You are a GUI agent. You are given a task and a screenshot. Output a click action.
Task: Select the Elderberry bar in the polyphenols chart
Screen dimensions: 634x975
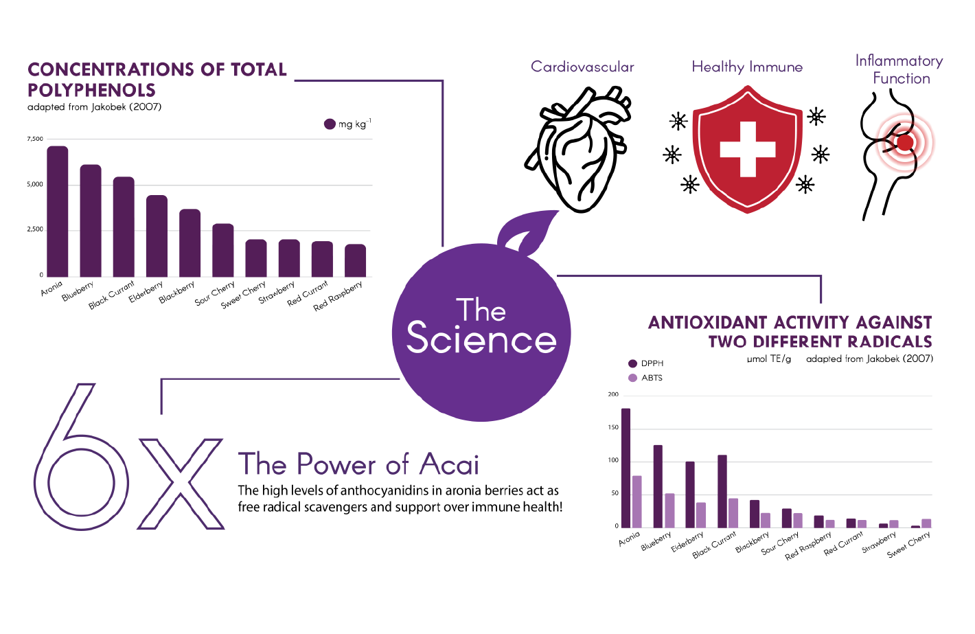(x=157, y=236)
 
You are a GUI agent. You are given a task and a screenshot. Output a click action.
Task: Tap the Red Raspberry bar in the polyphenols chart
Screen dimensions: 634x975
(x=355, y=260)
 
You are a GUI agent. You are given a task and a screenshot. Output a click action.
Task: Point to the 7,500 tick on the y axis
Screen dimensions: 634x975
(x=35, y=139)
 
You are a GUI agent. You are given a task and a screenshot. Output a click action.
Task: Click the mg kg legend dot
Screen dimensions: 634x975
(x=330, y=124)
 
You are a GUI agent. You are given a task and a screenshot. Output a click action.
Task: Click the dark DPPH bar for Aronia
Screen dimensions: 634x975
(x=626, y=468)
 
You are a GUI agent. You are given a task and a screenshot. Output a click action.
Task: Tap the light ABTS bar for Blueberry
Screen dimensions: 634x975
(x=669, y=510)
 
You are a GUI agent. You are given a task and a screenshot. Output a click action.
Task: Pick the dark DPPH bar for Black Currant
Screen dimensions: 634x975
(x=722, y=491)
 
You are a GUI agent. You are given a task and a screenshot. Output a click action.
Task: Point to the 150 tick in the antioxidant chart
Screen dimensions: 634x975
(x=613, y=427)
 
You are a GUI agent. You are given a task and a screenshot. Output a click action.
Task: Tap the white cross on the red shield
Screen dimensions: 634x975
(x=747, y=149)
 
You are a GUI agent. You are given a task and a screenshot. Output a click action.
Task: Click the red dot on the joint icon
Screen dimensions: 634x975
(x=905, y=143)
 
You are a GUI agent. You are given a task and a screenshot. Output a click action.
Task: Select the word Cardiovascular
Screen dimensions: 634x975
(x=582, y=67)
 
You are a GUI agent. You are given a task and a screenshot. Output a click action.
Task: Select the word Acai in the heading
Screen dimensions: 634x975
(x=450, y=464)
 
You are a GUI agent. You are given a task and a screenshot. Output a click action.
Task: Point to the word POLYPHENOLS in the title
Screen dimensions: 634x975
(x=91, y=90)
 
